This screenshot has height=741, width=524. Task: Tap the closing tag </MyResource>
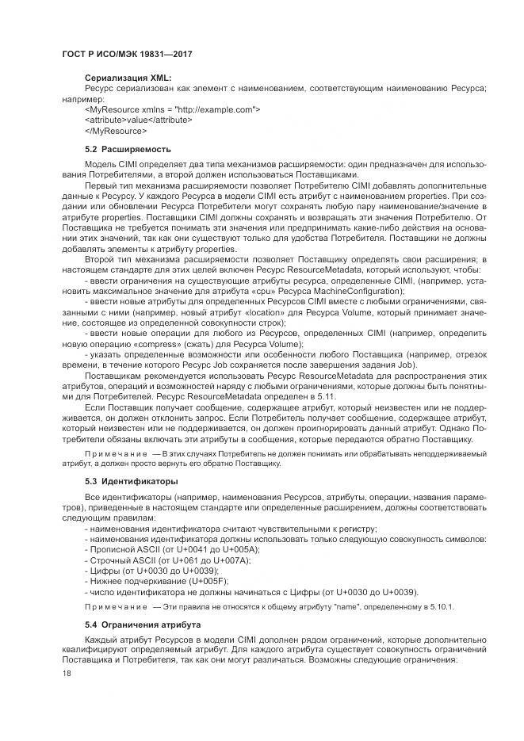[115, 130]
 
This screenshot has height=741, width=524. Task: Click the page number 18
[67, 674]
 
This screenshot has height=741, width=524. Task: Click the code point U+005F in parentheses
[201, 581]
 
